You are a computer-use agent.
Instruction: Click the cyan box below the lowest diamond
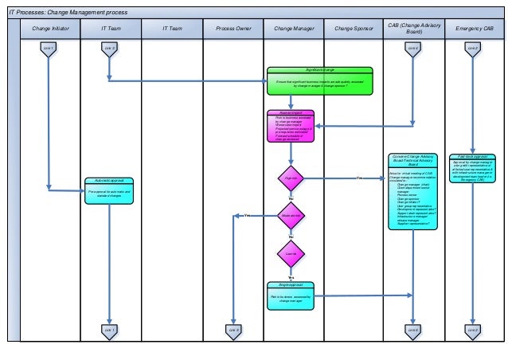pyautogui.click(x=292, y=294)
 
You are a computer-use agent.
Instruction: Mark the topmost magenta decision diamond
pyautogui.click(x=291, y=178)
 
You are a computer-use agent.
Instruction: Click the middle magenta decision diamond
pyautogui.click(x=291, y=216)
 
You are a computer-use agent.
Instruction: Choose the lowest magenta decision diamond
pyautogui.click(x=291, y=254)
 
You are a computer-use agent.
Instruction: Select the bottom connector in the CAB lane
pyautogui.click(x=412, y=330)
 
